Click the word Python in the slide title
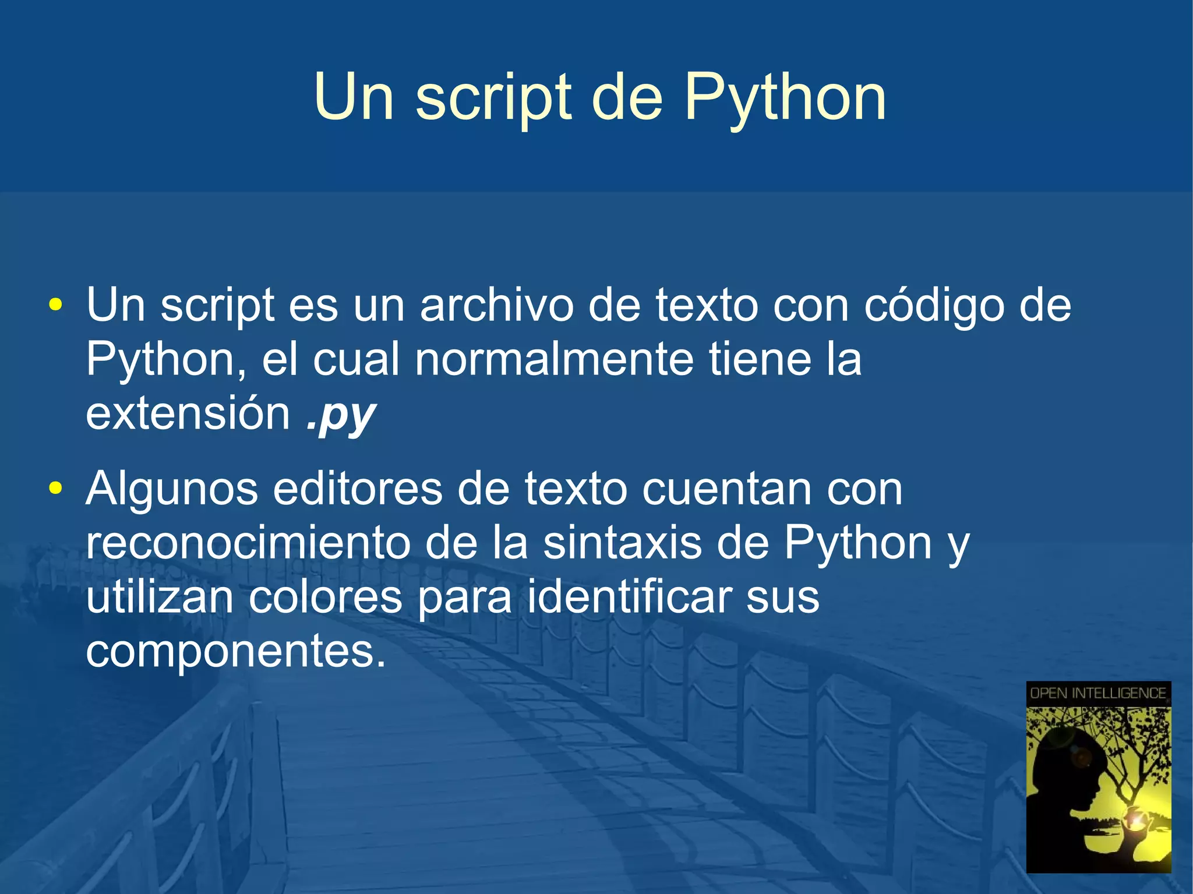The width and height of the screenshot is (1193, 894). [785, 99]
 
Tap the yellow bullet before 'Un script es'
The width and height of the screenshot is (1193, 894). [55, 305]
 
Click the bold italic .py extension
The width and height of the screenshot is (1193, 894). [341, 415]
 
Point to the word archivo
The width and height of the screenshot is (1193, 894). [496, 305]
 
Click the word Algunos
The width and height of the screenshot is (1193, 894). [172, 489]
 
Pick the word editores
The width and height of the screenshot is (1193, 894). [358, 489]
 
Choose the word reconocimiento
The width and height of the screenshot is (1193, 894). [248, 543]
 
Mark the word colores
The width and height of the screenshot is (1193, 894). [326, 597]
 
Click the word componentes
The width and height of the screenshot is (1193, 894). [235, 651]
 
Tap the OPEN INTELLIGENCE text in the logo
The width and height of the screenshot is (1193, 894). [1098, 693]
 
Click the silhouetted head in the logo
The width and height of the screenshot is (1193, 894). [1066, 769]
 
